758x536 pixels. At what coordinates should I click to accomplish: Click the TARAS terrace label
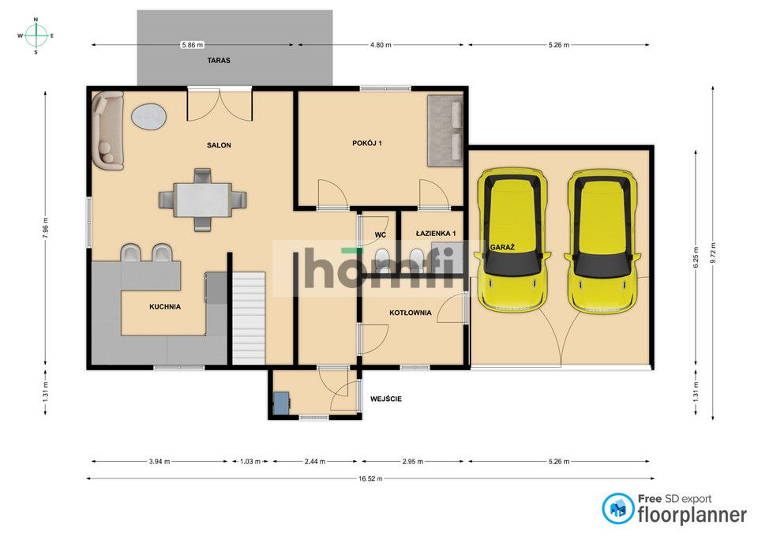click(x=219, y=61)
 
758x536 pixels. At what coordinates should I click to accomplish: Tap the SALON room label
click(x=219, y=145)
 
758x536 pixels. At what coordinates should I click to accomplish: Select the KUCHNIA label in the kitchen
click(x=165, y=306)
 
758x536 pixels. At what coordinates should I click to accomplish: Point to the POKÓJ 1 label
click(x=367, y=143)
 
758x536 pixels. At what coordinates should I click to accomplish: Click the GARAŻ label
click(x=502, y=247)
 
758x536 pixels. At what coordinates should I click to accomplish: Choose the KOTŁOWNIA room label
click(x=411, y=313)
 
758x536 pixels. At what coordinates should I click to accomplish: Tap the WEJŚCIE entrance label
click(x=386, y=399)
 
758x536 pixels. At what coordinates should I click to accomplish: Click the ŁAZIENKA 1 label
click(x=436, y=234)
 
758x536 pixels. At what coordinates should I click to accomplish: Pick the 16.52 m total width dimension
click(x=370, y=478)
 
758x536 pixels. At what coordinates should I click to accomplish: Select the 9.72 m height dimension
click(x=712, y=253)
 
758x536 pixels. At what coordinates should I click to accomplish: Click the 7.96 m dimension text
click(x=46, y=227)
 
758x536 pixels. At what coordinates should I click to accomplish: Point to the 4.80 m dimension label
click(x=381, y=45)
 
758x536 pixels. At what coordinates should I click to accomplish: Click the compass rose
click(x=36, y=36)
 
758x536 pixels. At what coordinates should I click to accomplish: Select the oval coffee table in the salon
click(x=149, y=117)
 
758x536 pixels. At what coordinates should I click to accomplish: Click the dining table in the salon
click(x=203, y=200)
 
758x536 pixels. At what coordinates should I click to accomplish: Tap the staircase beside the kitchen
click(x=249, y=318)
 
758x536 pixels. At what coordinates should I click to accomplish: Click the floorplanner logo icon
click(x=617, y=508)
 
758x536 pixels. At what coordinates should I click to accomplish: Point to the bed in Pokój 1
click(x=445, y=130)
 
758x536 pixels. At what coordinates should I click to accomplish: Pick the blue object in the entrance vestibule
click(x=281, y=403)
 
